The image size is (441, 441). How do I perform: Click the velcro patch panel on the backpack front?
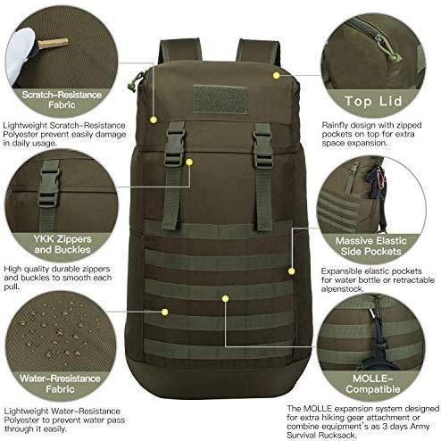tap(220, 99)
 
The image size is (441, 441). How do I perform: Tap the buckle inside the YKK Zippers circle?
tap(49, 184)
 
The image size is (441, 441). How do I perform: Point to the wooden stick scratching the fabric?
tap(53, 43)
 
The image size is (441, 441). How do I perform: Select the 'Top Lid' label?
tap(373, 101)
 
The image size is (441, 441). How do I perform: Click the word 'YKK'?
tap(44, 238)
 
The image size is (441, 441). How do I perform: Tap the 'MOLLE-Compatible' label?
tap(372, 384)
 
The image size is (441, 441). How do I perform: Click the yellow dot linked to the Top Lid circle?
tap(276, 76)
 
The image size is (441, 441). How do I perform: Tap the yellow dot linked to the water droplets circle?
tap(164, 312)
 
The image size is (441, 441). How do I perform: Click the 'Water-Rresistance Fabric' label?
tap(60, 384)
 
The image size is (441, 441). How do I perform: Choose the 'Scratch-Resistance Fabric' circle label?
tap(62, 100)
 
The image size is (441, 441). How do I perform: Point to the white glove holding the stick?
tap(21, 55)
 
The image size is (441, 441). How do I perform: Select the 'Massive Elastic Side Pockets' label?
tap(370, 245)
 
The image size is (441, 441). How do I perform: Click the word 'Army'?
tap(420, 427)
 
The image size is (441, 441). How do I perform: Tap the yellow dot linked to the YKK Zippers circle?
tap(189, 162)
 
